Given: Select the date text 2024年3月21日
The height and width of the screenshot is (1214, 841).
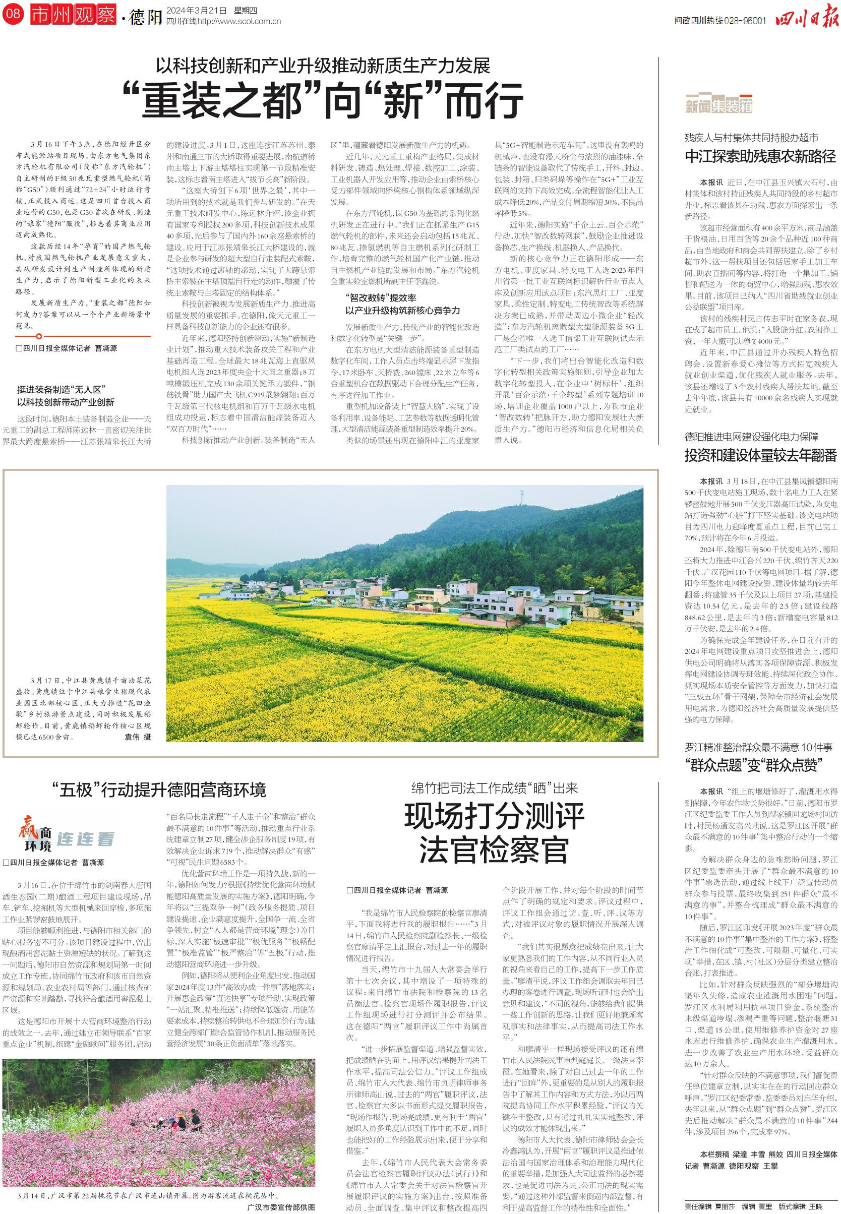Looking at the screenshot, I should click(196, 10).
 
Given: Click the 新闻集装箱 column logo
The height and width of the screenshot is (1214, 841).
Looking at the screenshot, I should click(719, 105).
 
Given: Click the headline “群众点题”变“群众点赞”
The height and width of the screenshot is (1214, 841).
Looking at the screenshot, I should click(760, 764).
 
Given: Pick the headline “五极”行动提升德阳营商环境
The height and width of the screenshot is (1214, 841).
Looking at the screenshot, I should click(159, 790).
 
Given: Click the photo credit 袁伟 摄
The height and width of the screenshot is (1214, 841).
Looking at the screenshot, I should click(138, 737).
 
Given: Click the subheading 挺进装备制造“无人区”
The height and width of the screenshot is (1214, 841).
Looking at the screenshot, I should click(58, 390).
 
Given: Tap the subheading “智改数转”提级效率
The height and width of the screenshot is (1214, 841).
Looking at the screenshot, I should click(381, 298).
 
